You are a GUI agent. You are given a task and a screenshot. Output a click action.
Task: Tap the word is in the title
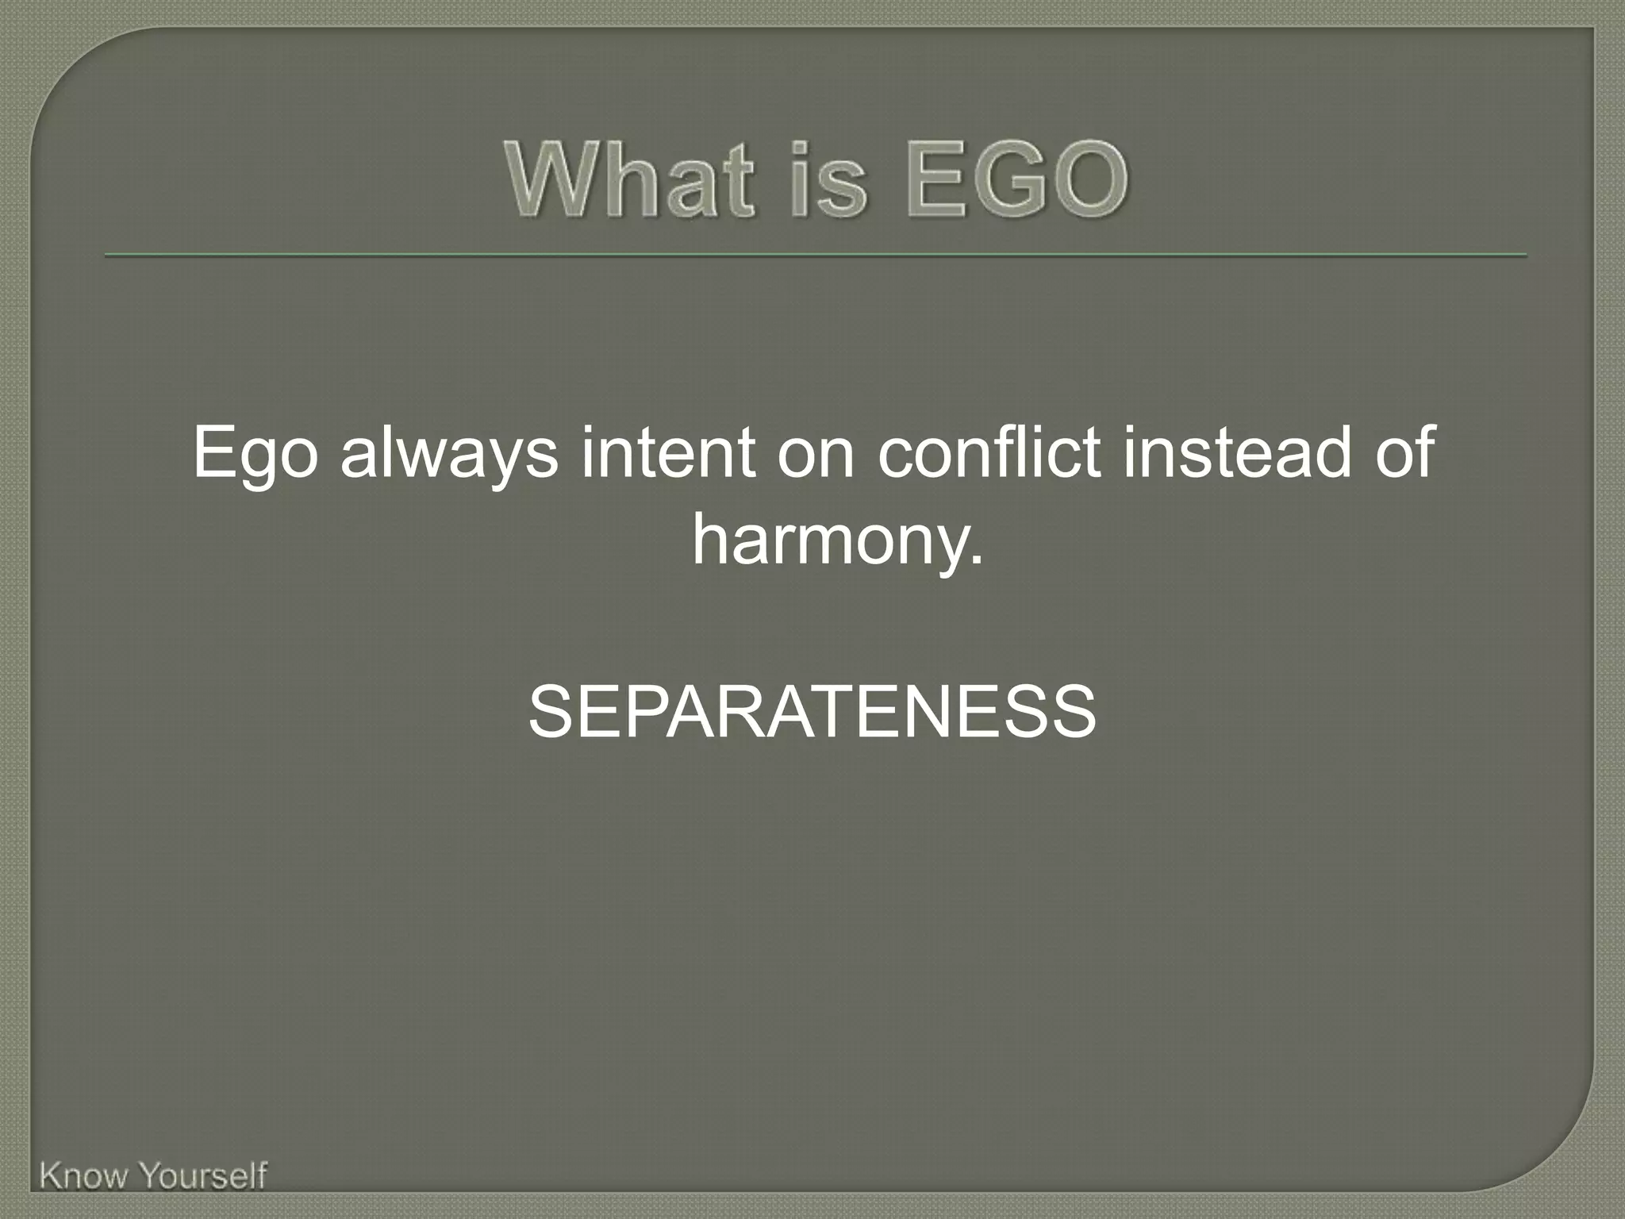click(829, 180)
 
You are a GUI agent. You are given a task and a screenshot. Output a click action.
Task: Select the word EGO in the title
click(1016, 180)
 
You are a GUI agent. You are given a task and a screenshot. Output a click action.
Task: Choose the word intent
click(667, 452)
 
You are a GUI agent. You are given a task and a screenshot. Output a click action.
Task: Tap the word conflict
click(989, 452)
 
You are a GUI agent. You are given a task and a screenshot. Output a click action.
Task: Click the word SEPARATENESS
click(812, 712)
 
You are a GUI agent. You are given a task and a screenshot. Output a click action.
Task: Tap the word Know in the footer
click(83, 1176)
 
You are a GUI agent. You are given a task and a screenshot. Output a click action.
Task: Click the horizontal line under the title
click(815, 256)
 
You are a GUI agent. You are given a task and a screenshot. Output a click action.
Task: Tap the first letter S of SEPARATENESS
click(553, 712)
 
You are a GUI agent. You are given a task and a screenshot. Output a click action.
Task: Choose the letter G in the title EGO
click(1016, 180)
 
